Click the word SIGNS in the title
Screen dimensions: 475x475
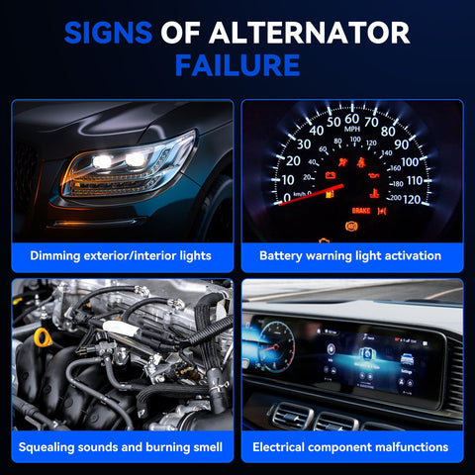pyautogui.click(x=108, y=33)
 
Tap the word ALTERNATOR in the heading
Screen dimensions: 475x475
pyautogui.click(x=310, y=33)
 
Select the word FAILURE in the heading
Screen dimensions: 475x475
pyautogui.click(x=237, y=64)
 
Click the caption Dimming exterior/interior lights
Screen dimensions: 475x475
pyautogui.click(x=121, y=256)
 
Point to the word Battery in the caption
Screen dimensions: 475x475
pyautogui.click(x=281, y=256)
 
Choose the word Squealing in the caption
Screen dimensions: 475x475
pyautogui.click(x=47, y=447)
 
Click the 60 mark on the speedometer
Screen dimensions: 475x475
pyautogui.click(x=352, y=119)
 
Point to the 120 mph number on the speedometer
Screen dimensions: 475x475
pyautogui.click(x=412, y=199)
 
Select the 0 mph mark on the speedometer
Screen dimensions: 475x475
pyautogui.click(x=287, y=198)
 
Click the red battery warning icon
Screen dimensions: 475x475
pyautogui.click(x=331, y=175)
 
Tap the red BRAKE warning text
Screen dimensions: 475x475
pyautogui.click(x=361, y=211)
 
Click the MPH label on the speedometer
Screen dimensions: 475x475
pyautogui.click(x=352, y=129)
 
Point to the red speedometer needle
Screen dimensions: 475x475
pyautogui.click(x=312, y=195)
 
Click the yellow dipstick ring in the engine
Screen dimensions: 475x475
pyautogui.click(x=42, y=337)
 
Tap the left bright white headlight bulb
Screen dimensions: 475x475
pyautogui.click(x=102, y=161)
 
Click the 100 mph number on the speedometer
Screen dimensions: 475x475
pyautogui.click(x=410, y=162)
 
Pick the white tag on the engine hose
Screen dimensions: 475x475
pyautogui.click(x=122, y=329)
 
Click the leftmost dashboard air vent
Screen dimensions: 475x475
pyautogui.click(x=290, y=416)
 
